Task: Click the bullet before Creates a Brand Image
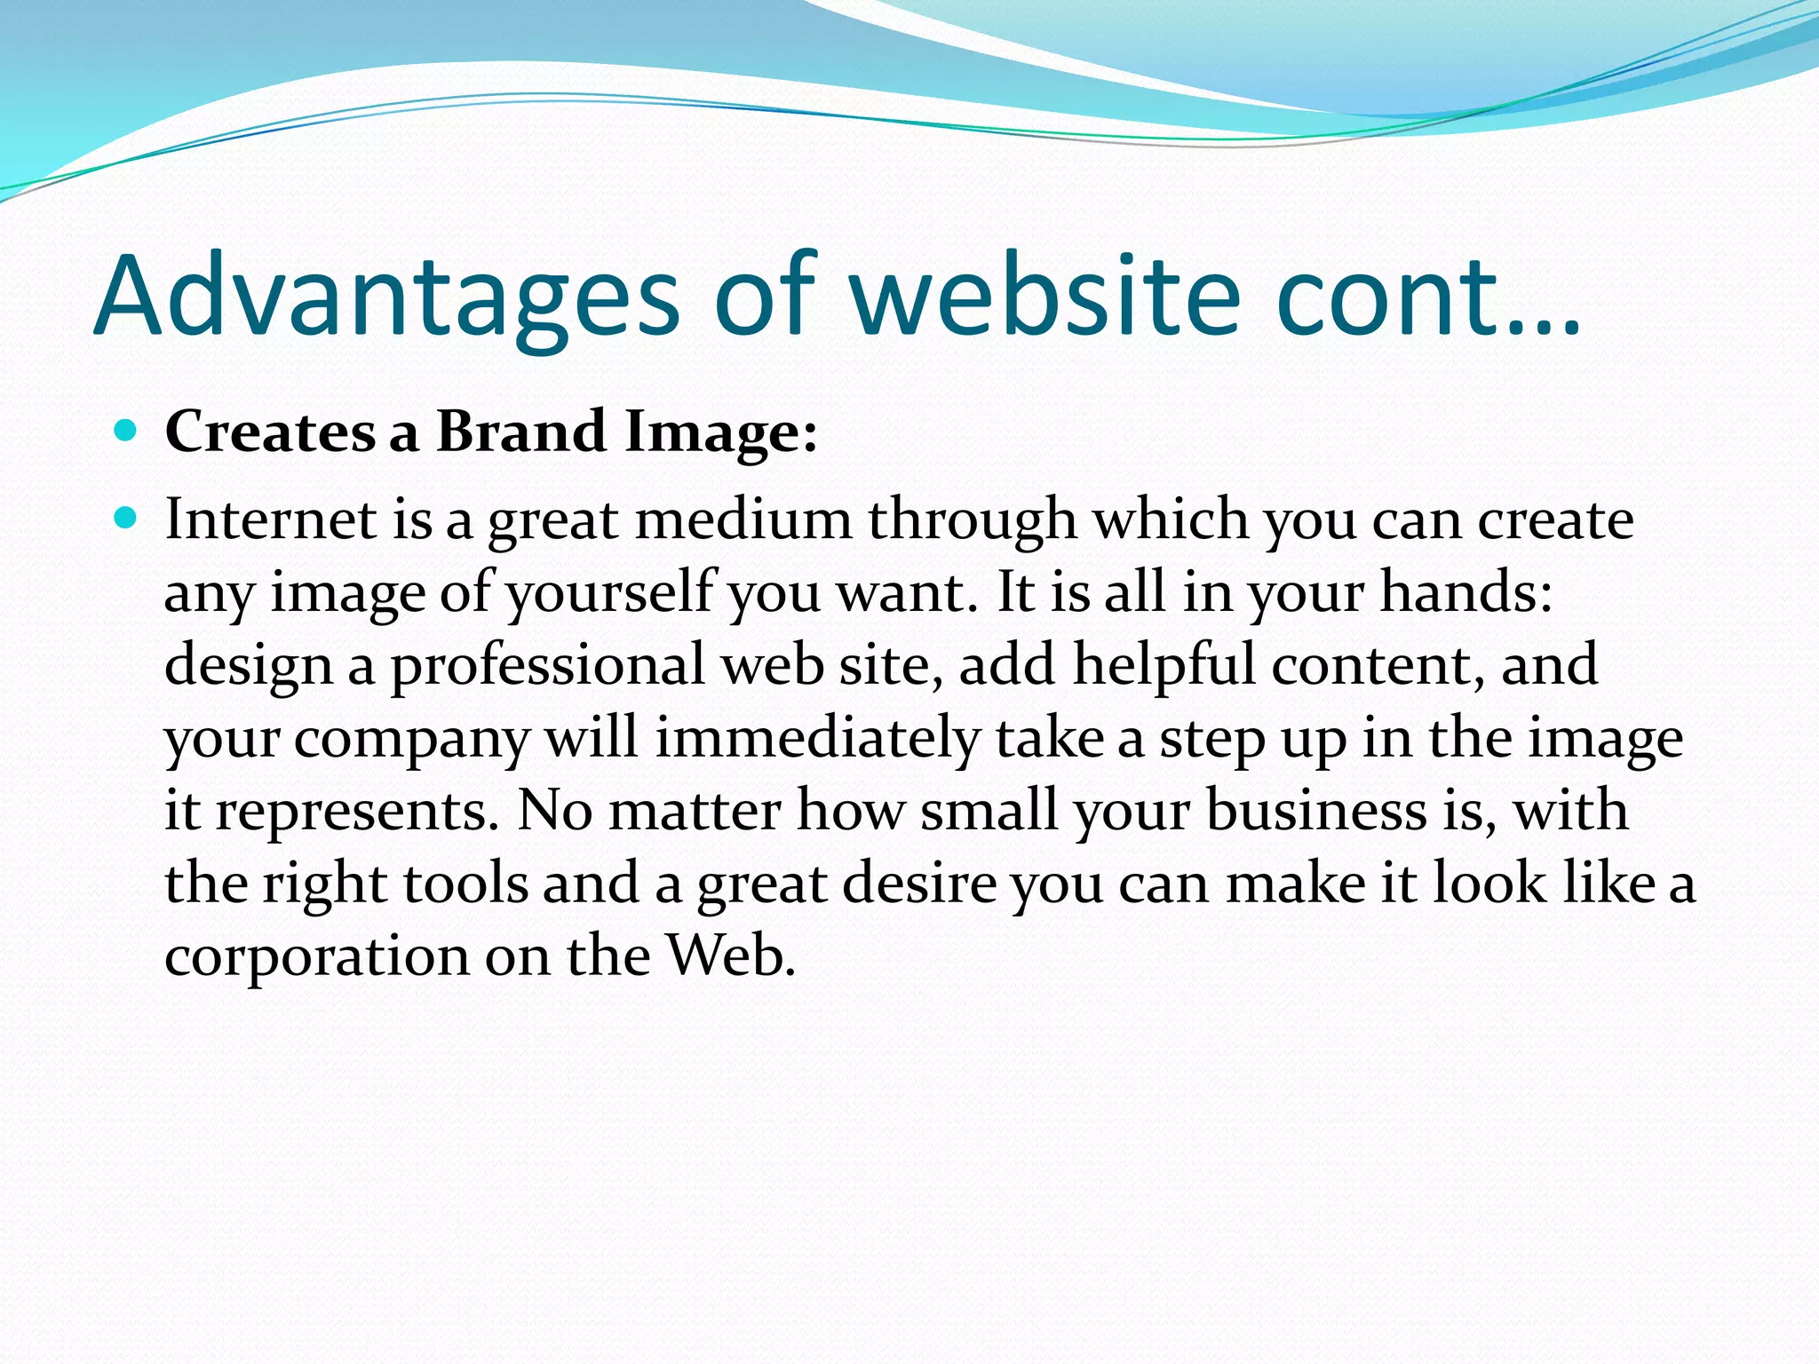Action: click(x=126, y=432)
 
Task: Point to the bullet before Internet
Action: click(x=126, y=518)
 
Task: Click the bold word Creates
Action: click(x=269, y=432)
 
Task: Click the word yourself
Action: click(x=611, y=592)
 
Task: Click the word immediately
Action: click(x=817, y=739)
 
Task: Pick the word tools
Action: click(x=465, y=884)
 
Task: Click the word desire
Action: click(x=919, y=884)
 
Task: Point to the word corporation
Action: click(x=316, y=956)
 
